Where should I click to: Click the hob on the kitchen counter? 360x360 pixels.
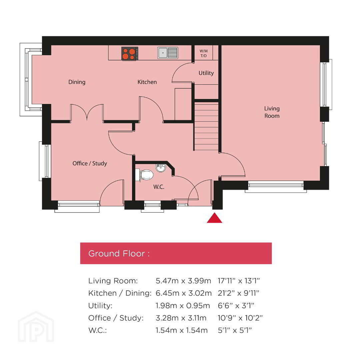130,53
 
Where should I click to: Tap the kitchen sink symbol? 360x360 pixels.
168,53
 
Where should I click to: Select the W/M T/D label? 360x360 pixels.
204,53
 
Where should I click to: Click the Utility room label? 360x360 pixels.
206,73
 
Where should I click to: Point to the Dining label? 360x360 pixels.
77,82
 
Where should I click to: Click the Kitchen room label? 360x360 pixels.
147,82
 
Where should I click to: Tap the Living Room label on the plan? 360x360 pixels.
272,112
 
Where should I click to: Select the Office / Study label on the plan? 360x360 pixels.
90,163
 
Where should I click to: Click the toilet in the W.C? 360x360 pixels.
145,175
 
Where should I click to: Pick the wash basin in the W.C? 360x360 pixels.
161,168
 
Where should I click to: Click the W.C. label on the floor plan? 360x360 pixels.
159,187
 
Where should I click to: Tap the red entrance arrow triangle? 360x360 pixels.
214,218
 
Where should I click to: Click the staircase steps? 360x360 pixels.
206,126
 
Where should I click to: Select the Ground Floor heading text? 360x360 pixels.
119,253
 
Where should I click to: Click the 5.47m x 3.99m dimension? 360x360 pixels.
183,281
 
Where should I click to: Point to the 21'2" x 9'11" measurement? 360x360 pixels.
238,293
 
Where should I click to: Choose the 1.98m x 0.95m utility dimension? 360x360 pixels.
183,306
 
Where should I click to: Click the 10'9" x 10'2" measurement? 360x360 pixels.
240,318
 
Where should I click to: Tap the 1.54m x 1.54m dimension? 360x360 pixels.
182,330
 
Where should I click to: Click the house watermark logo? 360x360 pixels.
36,327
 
